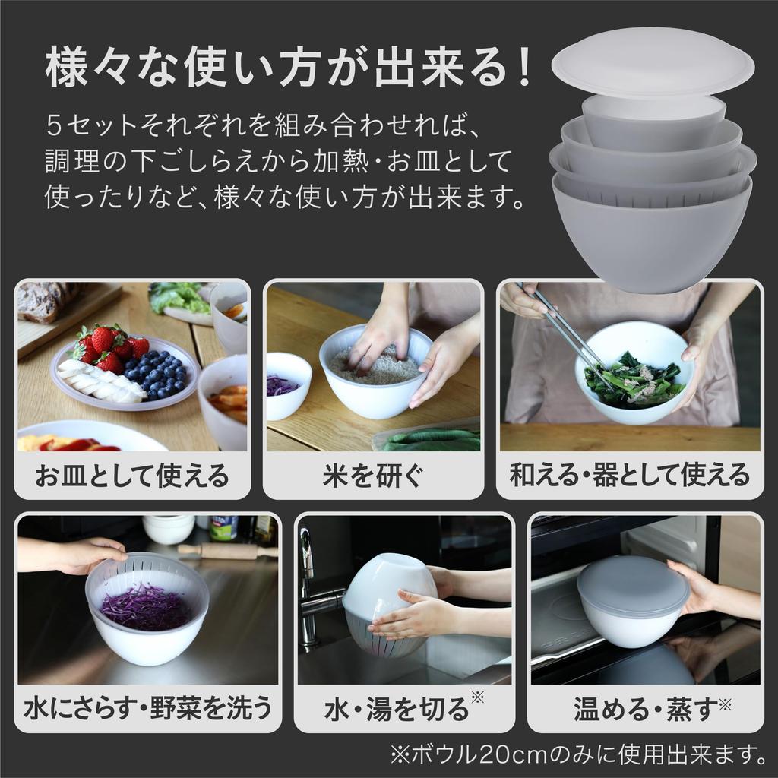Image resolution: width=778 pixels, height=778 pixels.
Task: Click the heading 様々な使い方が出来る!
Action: click(289, 70)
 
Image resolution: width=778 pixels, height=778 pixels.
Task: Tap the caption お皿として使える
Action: click(132, 476)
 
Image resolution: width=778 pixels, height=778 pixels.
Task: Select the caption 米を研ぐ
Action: click(373, 476)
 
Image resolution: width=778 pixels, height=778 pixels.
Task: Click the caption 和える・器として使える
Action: click(629, 476)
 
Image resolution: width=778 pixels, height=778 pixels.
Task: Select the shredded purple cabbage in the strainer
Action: click(147, 606)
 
